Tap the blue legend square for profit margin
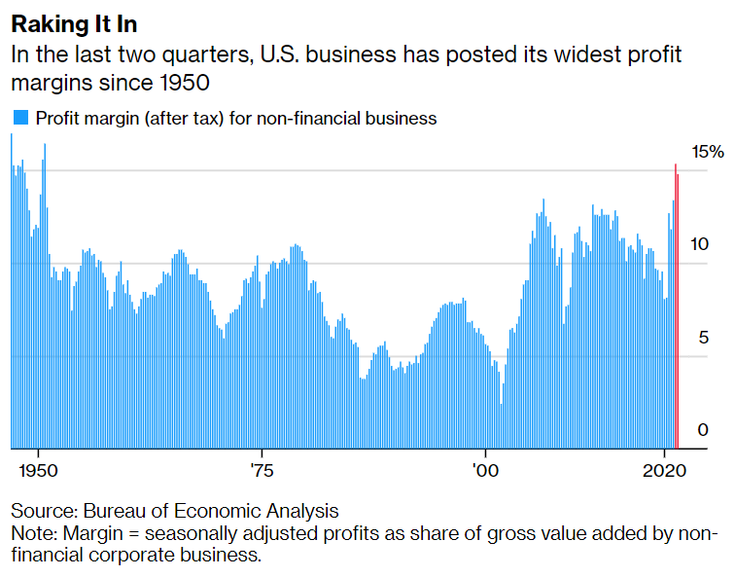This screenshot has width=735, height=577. [x=19, y=119]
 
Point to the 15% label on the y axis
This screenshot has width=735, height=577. [x=708, y=152]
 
